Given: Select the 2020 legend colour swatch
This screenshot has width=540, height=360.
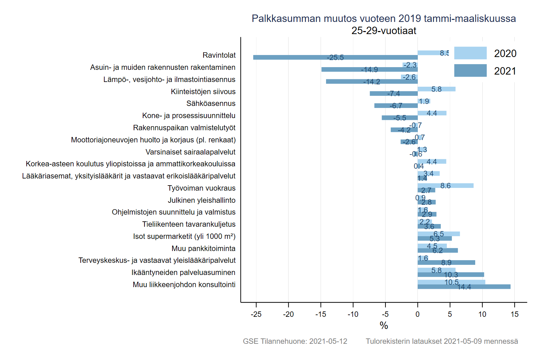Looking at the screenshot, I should [x=470, y=53].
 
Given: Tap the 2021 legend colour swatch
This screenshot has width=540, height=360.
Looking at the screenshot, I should [x=470, y=71].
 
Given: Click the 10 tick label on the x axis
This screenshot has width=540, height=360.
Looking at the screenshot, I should [x=482, y=314].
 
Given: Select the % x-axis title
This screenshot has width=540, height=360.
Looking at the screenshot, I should [x=384, y=325].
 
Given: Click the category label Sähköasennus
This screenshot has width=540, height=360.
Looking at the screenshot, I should [x=211, y=104].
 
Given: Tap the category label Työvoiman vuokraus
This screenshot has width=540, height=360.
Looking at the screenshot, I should [x=201, y=188].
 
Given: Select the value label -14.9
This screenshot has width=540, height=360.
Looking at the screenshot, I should [x=369, y=70].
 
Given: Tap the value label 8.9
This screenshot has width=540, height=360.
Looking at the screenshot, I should [x=446, y=262].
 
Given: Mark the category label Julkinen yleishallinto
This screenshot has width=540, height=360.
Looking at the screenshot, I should [x=201, y=200].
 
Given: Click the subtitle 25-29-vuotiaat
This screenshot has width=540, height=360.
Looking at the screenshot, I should [x=384, y=31].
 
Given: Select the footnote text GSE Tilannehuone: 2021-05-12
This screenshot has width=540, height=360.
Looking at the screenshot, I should [x=295, y=341].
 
